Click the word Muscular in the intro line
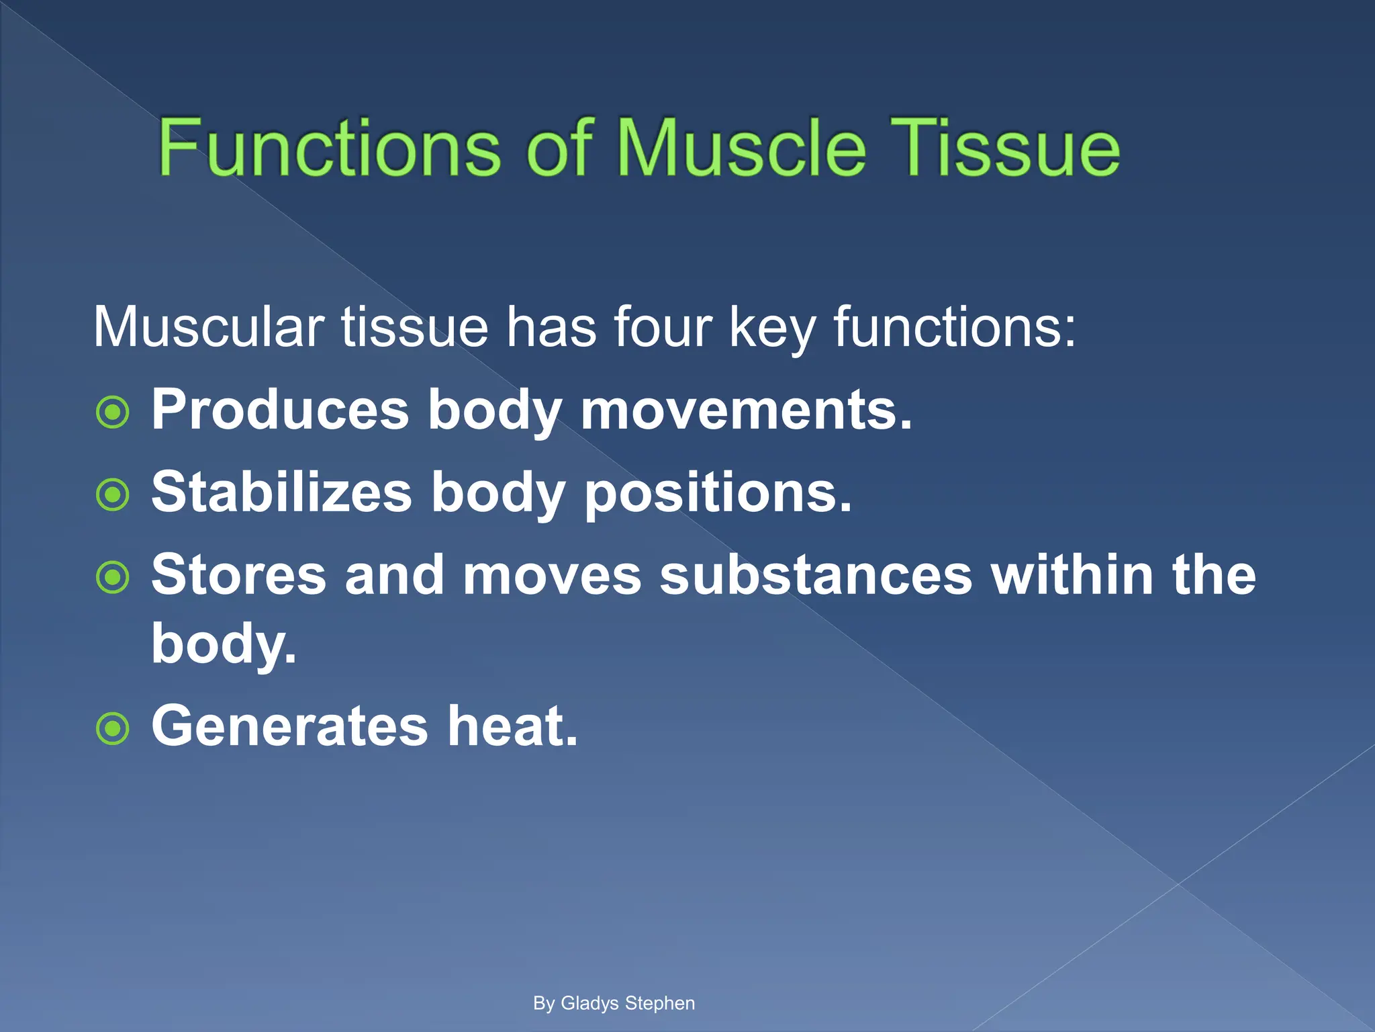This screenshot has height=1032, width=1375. click(209, 327)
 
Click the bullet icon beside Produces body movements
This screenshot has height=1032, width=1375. click(113, 413)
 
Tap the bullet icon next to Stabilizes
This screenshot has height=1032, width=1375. click(113, 495)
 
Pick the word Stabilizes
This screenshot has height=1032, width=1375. click(281, 492)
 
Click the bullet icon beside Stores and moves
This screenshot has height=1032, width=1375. click(113, 577)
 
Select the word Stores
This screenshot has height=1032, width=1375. click(238, 575)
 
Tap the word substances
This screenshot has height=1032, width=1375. click(815, 575)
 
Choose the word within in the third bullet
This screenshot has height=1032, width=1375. click(1073, 575)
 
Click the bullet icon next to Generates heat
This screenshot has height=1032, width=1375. click(113, 728)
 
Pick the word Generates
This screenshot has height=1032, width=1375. click(290, 726)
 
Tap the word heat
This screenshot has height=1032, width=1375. click(512, 726)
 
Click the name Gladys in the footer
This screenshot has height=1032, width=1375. click(589, 1003)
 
